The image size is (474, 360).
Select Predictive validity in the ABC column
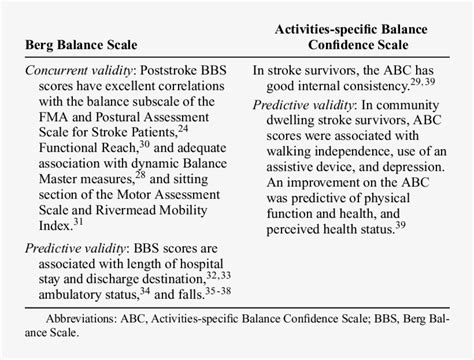point(298,104)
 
